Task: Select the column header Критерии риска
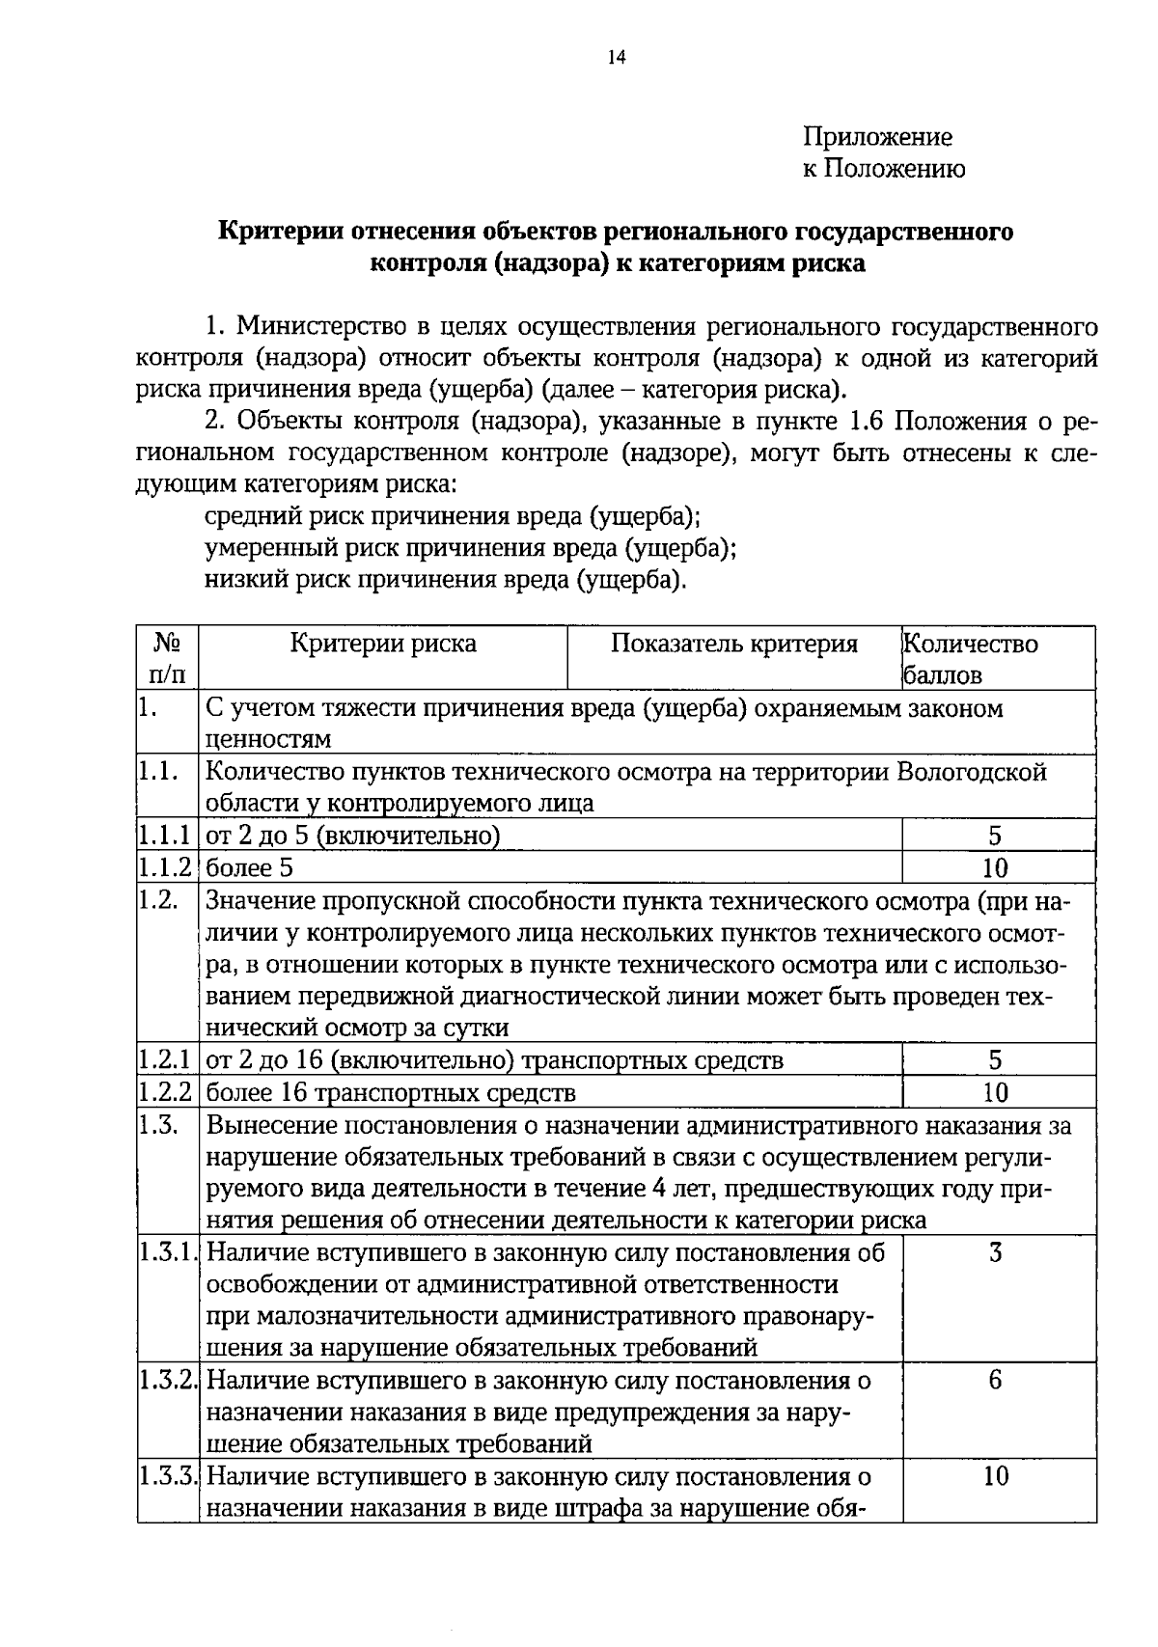click(x=383, y=644)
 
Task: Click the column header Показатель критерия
click(x=733, y=644)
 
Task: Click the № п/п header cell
click(x=167, y=658)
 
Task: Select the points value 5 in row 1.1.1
click(x=995, y=836)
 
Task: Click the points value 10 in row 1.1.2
click(x=995, y=867)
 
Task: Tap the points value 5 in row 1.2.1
click(x=995, y=1060)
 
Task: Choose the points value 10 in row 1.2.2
click(x=995, y=1092)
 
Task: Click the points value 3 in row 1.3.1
click(x=995, y=1253)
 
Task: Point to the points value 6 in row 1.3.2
click(x=995, y=1381)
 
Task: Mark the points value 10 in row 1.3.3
click(x=995, y=1476)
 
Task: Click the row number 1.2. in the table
click(x=158, y=900)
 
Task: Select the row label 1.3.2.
click(x=167, y=1381)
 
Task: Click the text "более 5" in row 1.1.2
click(x=250, y=867)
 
